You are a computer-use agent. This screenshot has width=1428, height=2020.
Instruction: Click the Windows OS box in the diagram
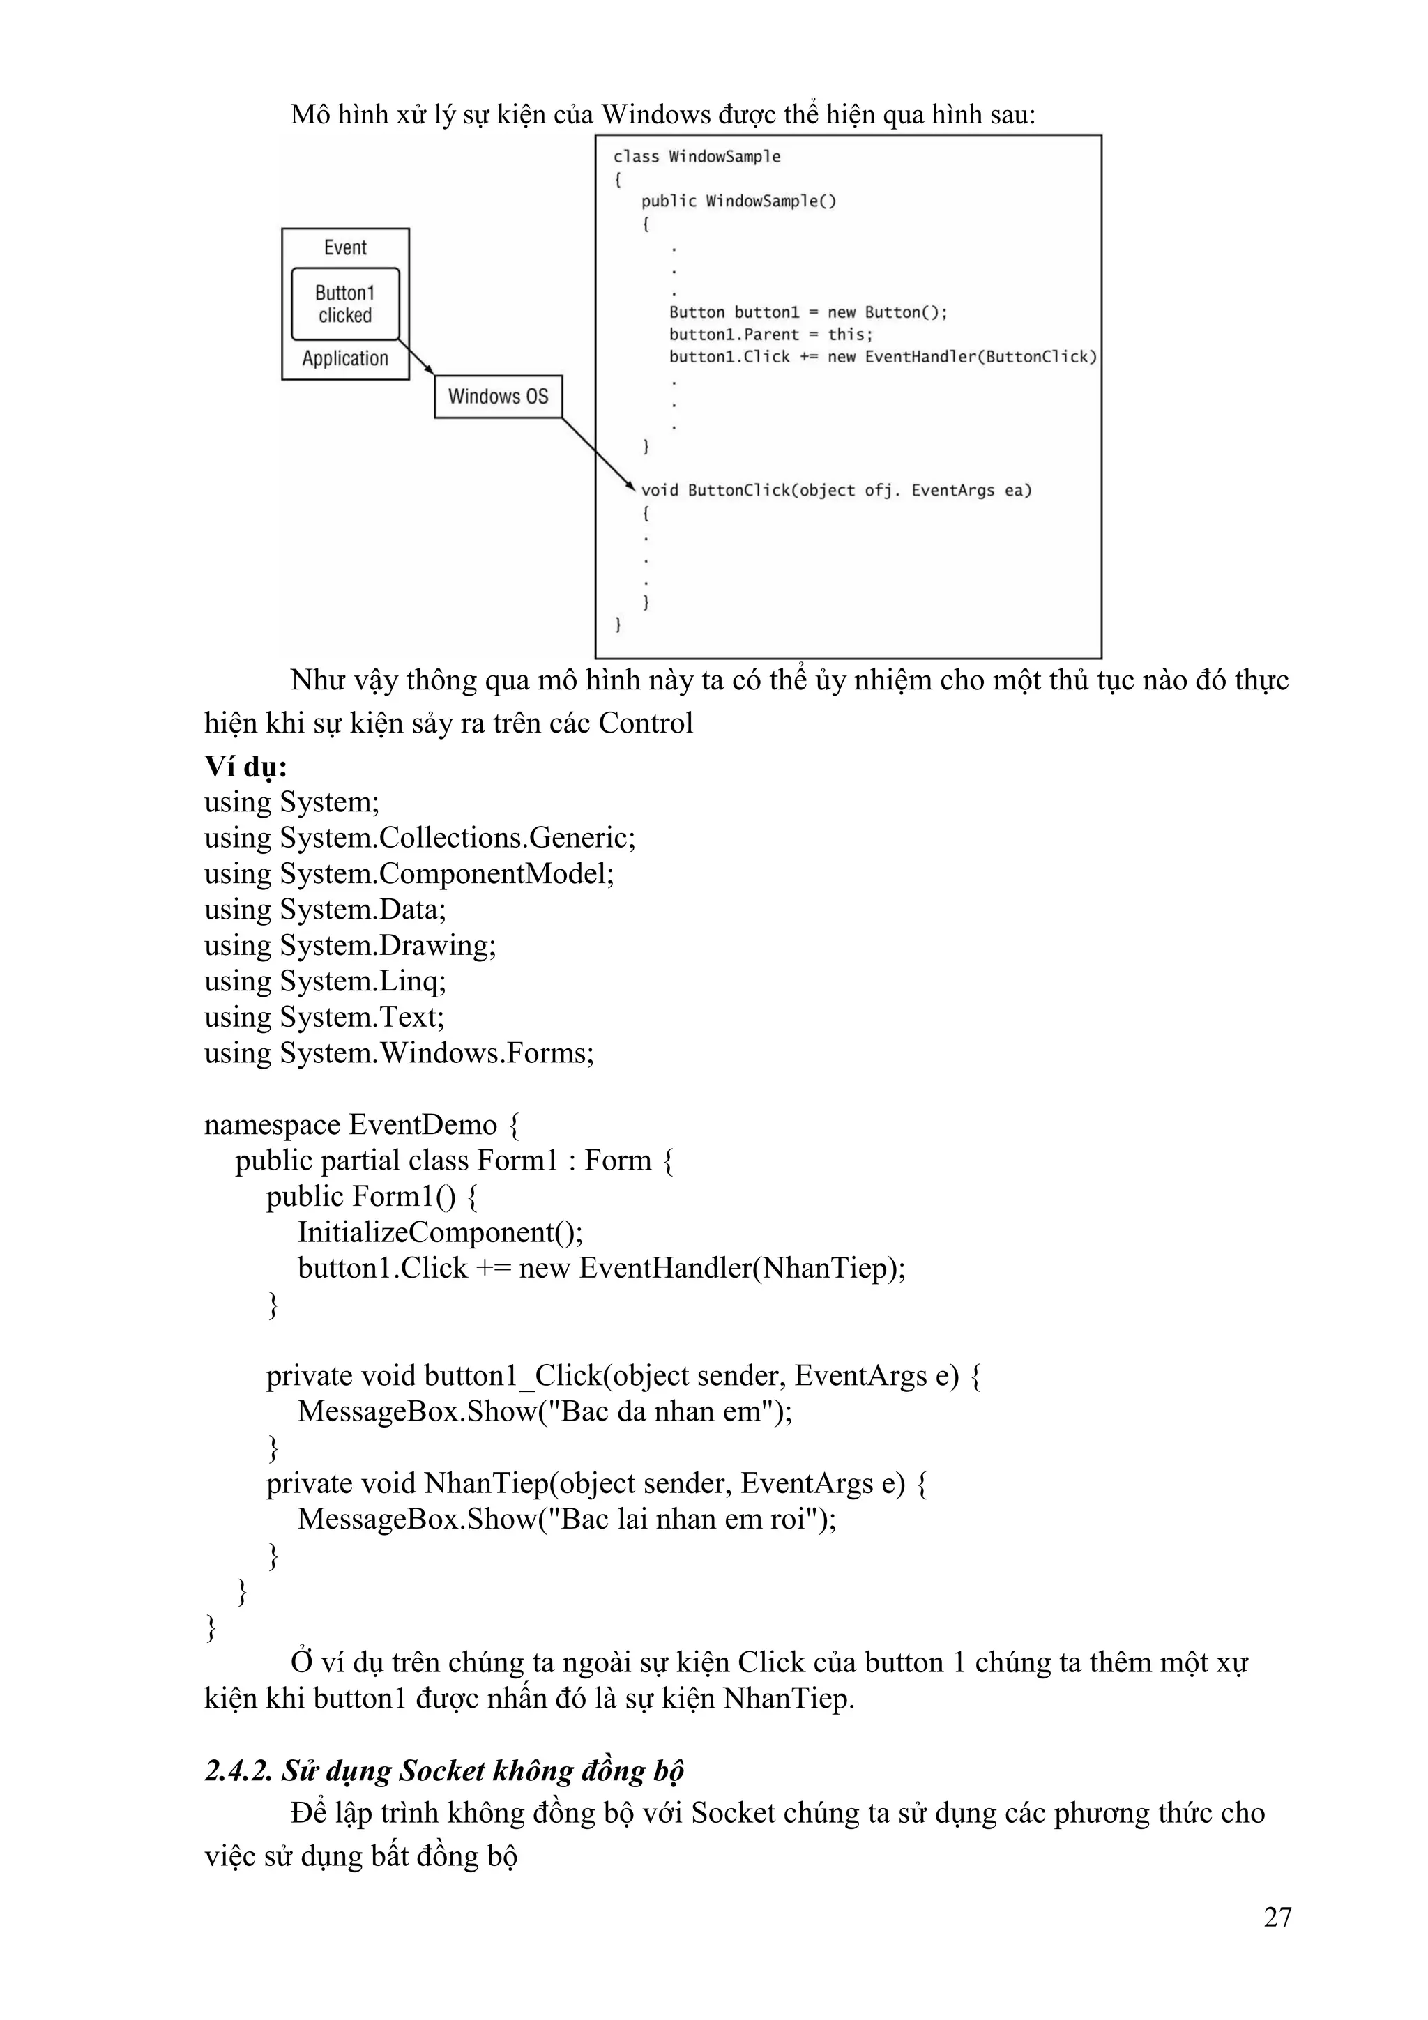[498, 397]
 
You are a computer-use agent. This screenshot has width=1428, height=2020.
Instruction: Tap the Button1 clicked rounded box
[345, 303]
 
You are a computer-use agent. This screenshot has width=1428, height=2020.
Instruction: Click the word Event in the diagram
[345, 248]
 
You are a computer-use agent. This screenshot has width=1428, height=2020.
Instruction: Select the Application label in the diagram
[345, 359]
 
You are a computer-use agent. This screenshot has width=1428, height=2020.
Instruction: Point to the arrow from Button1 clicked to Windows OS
[417, 357]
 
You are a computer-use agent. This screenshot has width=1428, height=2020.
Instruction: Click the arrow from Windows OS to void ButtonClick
[597, 453]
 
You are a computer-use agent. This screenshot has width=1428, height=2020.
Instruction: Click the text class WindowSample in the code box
[697, 157]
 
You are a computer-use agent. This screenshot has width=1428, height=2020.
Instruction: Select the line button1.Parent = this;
[770, 335]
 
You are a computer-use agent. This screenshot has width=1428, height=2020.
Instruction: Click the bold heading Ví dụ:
[245, 766]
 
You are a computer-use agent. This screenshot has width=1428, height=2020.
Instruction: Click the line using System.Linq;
[325, 980]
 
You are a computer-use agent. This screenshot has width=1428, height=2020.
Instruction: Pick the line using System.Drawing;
[350, 945]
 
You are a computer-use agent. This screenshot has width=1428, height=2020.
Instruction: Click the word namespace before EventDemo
[272, 1124]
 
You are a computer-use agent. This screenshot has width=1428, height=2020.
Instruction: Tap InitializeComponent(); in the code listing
[440, 1232]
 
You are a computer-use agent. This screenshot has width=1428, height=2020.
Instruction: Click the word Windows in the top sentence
[655, 114]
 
